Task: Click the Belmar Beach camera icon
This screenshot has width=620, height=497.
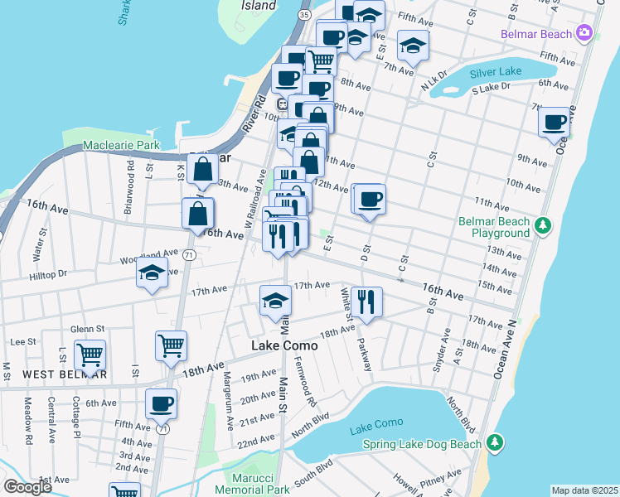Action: pyautogui.click(x=584, y=33)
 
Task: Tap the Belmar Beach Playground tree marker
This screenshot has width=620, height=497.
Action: pyautogui.click(x=544, y=224)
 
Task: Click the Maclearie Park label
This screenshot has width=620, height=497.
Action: pyautogui.click(x=121, y=146)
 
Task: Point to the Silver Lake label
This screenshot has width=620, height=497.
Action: pyautogui.click(x=496, y=71)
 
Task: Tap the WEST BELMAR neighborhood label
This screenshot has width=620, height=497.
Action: pyautogui.click(x=65, y=374)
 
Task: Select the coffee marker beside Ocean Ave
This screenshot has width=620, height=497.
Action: pyautogui.click(x=555, y=123)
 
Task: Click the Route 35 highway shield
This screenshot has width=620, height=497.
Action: pyautogui.click(x=305, y=15)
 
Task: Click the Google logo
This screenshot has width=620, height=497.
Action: pyautogui.click(x=28, y=487)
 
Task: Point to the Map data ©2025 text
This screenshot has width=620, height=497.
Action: pyautogui.click(x=584, y=490)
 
